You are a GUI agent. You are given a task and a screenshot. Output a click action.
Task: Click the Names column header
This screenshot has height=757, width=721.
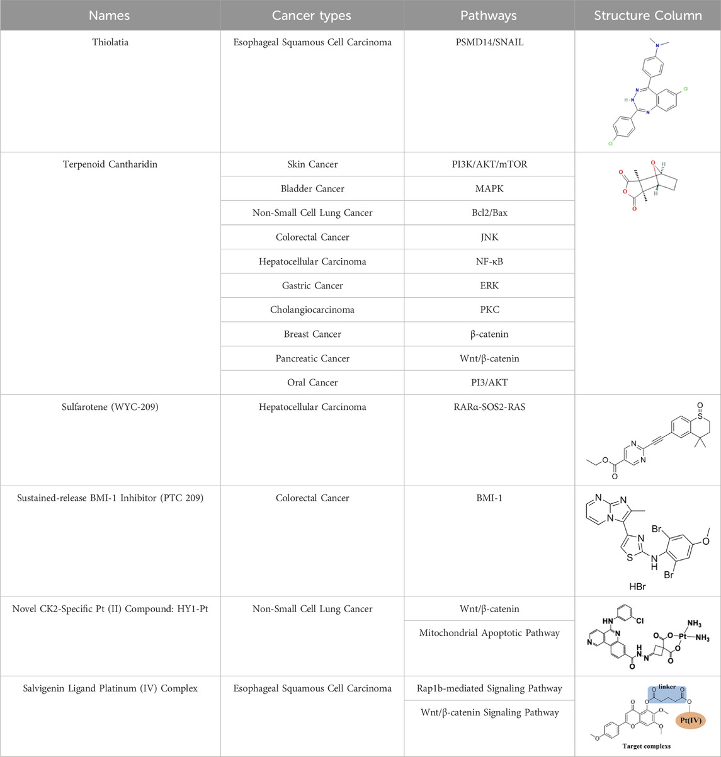110,16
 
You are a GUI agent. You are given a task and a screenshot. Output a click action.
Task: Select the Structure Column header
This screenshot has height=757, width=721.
648,16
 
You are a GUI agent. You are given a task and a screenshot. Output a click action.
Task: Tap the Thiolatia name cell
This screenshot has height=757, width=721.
110,42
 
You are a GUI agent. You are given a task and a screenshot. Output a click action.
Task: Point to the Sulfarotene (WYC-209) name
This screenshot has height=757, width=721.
110,407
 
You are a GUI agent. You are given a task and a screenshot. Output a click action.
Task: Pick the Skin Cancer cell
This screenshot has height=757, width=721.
312,164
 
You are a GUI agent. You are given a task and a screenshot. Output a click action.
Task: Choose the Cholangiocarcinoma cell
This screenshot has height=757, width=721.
312,310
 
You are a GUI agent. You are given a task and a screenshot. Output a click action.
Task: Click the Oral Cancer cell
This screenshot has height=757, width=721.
312,382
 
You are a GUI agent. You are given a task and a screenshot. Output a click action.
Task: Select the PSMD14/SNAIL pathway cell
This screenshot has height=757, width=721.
489,42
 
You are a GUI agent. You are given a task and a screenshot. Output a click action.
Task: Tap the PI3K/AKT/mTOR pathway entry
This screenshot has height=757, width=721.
489,164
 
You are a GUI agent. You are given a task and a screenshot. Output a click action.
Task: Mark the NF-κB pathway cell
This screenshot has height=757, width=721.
489,261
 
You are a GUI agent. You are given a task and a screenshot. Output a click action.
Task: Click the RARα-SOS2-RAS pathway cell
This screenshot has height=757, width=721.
489,407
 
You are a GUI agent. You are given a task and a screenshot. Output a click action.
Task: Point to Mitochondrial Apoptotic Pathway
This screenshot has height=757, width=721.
489,633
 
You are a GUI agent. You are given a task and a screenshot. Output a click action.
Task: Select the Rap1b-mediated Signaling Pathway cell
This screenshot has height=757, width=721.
489,688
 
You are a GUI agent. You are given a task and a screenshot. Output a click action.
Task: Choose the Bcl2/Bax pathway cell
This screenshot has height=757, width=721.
489,213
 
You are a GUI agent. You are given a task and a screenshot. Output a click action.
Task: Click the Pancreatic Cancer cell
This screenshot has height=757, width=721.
312,358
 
